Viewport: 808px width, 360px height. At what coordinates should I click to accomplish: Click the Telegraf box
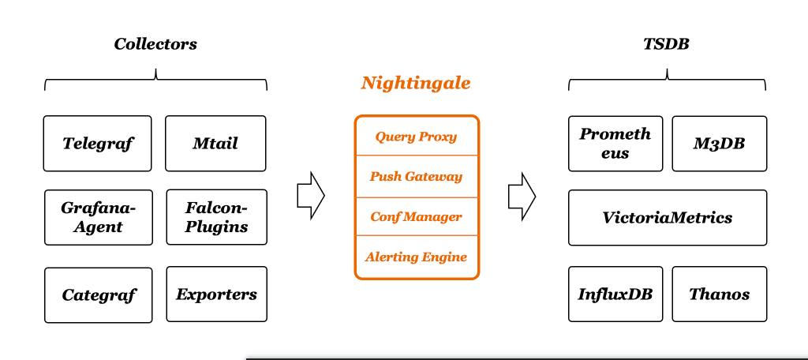(x=98, y=144)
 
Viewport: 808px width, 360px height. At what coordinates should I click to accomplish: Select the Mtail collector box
(x=215, y=144)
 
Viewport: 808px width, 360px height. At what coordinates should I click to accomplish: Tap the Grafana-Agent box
(x=98, y=217)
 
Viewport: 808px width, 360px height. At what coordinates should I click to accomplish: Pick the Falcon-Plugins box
(x=216, y=217)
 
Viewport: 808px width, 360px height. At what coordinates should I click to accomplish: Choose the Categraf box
(x=99, y=295)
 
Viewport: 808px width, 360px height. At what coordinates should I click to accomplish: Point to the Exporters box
(x=216, y=294)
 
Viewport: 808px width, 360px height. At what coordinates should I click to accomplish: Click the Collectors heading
(x=155, y=44)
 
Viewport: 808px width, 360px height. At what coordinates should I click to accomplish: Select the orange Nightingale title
(x=416, y=83)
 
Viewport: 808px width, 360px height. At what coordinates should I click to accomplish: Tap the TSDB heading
(x=666, y=44)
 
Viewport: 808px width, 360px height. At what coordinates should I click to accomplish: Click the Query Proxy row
(x=416, y=137)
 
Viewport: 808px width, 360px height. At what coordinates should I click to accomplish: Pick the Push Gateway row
(x=416, y=177)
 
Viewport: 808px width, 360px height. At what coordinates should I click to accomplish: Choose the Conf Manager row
(x=416, y=216)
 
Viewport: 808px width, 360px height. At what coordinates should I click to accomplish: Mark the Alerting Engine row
(x=416, y=257)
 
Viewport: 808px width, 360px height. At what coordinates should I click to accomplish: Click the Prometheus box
(x=615, y=144)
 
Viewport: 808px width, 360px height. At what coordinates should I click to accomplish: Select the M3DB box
(x=719, y=144)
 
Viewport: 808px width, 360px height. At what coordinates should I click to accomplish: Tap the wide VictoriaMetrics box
(x=667, y=217)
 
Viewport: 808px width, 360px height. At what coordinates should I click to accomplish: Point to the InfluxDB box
(x=615, y=294)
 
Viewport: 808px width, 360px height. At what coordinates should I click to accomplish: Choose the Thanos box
(x=719, y=294)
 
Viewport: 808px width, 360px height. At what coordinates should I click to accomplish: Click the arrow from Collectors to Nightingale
(x=311, y=195)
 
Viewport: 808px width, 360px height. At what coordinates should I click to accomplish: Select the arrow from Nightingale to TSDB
(x=522, y=195)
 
